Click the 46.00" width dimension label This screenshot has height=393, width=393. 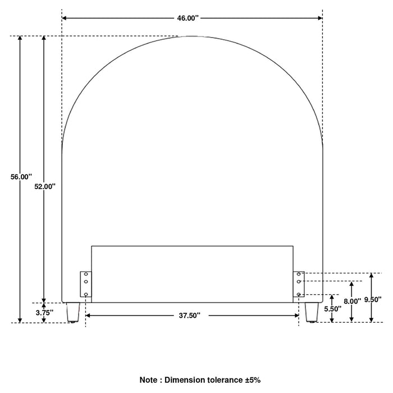click(188, 18)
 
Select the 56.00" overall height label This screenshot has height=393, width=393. click(21, 177)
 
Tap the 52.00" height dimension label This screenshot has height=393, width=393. click(45, 186)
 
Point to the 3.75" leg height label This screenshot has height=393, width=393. click(44, 313)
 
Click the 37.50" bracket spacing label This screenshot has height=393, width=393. click(190, 316)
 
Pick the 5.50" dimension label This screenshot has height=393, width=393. click(333, 309)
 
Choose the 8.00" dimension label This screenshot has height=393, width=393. click(352, 301)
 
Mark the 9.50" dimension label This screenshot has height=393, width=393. click(373, 299)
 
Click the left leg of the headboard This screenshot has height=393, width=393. click(73, 312)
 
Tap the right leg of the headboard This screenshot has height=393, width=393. click(312, 312)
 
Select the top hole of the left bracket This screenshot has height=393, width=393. click(86, 274)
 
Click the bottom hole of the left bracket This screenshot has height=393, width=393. click(86, 294)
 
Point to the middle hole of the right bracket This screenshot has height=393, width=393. click(299, 281)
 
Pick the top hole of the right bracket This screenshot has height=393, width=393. click(299, 274)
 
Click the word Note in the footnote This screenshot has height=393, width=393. click(149, 380)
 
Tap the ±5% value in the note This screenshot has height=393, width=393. click(253, 380)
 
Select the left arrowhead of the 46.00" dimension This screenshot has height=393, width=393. click(64, 18)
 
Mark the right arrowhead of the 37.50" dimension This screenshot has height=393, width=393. click(296, 316)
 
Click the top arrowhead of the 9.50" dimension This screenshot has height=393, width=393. click(372, 276)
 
